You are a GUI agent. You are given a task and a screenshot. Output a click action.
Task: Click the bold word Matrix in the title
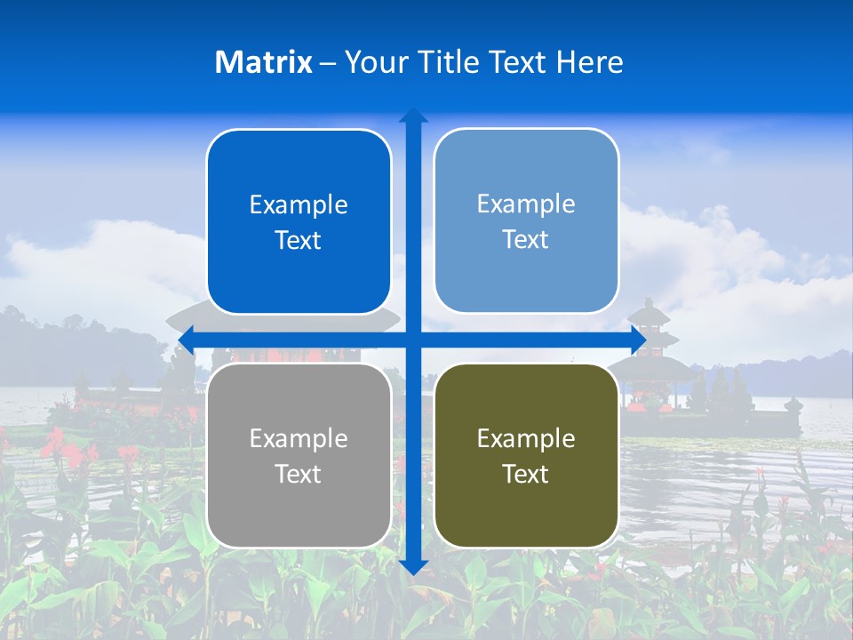pyautogui.click(x=264, y=62)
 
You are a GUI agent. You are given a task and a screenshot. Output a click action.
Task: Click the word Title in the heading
pyautogui.click(x=448, y=62)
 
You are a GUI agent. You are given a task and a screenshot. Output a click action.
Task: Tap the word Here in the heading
pyautogui.click(x=589, y=62)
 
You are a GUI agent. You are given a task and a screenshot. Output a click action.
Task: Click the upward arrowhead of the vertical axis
pyautogui.click(x=413, y=116)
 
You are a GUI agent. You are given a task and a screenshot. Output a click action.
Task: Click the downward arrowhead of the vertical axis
pyautogui.click(x=413, y=566)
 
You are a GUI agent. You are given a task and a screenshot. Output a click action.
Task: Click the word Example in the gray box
pyautogui.click(x=299, y=439)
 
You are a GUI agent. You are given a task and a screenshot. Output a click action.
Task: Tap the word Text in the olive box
pyautogui.click(x=526, y=474)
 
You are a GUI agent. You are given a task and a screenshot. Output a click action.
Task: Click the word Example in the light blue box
pyautogui.click(x=526, y=204)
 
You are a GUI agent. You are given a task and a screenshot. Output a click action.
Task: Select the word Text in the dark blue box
pyautogui.click(x=299, y=241)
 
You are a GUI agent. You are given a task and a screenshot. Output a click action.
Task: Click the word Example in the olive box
pyautogui.click(x=526, y=439)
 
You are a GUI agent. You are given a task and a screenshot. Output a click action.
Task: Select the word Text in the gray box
pyautogui.click(x=299, y=474)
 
